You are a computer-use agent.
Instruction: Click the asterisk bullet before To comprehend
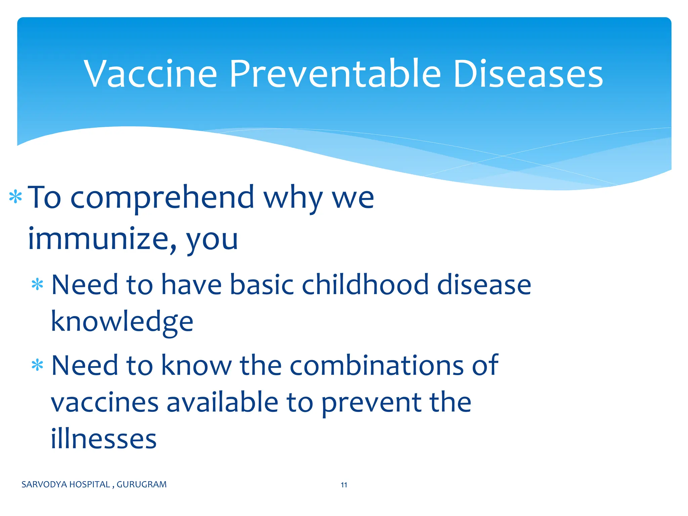[x=15, y=197]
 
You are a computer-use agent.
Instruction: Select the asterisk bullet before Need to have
[x=37, y=285]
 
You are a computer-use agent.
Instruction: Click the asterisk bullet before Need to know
[x=37, y=365]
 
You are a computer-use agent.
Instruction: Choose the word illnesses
[x=103, y=439]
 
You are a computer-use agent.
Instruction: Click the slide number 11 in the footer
[x=344, y=485]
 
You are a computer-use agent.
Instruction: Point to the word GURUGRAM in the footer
[x=141, y=484]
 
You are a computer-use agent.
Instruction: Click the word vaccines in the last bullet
[x=104, y=402]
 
